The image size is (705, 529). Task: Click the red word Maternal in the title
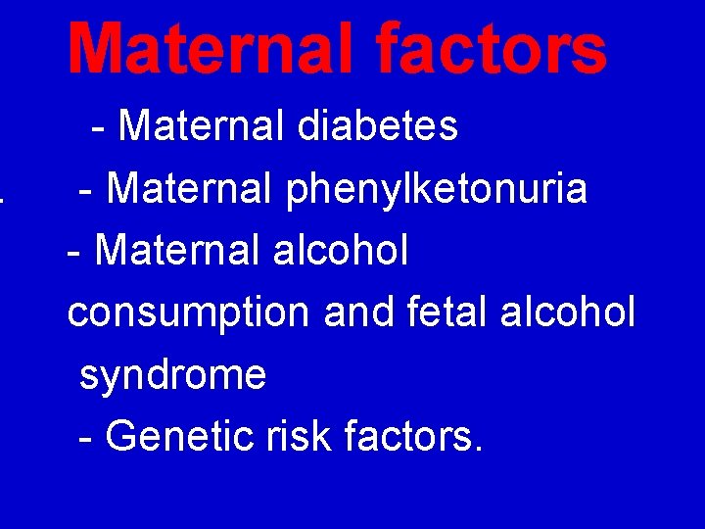(x=197, y=49)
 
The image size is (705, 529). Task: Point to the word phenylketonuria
(x=437, y=189)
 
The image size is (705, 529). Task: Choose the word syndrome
(x=172, y=375)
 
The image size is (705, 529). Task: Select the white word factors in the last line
(x=408, y=436)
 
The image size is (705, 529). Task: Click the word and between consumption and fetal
(x=356, y=313)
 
